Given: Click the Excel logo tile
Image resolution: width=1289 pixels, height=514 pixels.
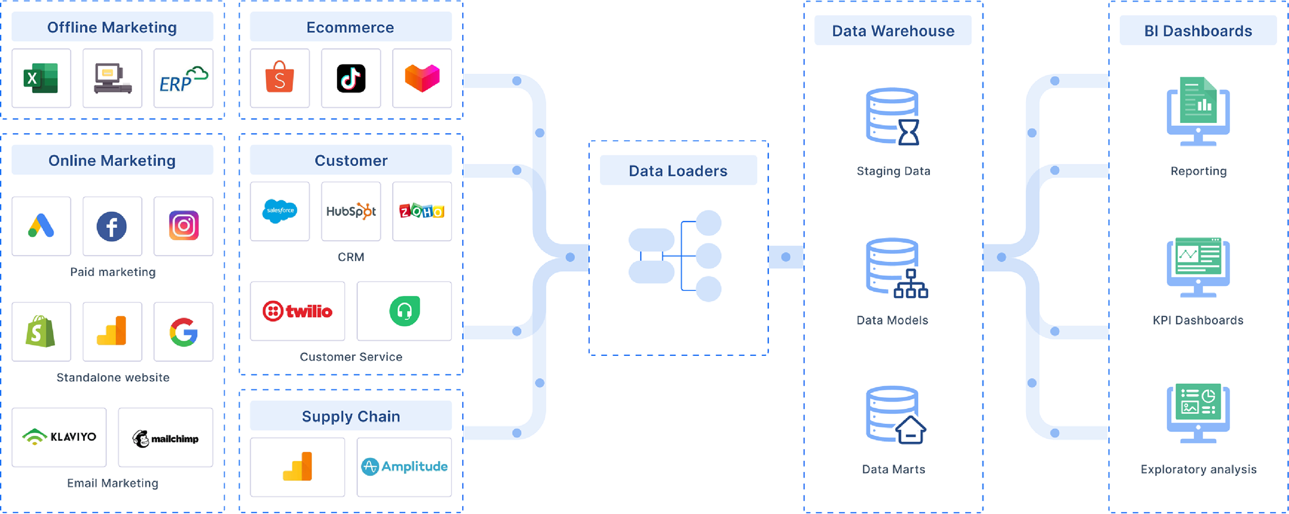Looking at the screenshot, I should [x=41, y=78].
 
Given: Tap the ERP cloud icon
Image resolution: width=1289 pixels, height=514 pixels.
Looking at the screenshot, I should [x=183, y=78].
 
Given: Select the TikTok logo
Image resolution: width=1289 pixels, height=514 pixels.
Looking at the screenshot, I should [x=351, y=78].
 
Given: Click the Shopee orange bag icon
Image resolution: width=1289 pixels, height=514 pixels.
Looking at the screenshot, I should [x=280, y=78].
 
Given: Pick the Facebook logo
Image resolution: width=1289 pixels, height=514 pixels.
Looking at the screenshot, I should [x=112, y=226].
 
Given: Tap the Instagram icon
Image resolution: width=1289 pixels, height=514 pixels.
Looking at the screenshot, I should [x=183, y=226].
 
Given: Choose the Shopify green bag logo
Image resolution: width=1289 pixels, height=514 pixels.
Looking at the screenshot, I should [x=41, y=332].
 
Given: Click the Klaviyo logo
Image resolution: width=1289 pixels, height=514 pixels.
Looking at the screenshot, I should [x=59, y=437].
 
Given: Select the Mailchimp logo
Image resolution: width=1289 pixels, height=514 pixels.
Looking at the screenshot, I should [x=165, y=438].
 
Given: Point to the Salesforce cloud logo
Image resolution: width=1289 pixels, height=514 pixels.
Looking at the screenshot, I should [x=280, y=211].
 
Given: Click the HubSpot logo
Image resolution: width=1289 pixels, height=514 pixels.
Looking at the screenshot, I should [x=351, y=211].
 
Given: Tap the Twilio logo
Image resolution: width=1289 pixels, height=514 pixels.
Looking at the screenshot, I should [x=297, y=311].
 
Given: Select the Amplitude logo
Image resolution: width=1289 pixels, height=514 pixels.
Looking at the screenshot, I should [x=404, y=467].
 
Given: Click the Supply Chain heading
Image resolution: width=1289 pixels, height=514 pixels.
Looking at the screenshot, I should [x=351, y=416].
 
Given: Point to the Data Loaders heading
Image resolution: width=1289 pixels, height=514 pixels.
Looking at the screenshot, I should [x=678, y=171].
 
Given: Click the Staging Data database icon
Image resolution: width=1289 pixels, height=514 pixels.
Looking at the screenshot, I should [x=893, y=116].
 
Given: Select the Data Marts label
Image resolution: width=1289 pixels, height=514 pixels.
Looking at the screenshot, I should [x=893, y=469].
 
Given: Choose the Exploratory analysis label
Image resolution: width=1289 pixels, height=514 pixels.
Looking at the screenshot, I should [x=1199, y=469].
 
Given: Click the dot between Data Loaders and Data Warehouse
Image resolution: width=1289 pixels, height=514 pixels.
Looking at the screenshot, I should [x=786, y=257].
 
